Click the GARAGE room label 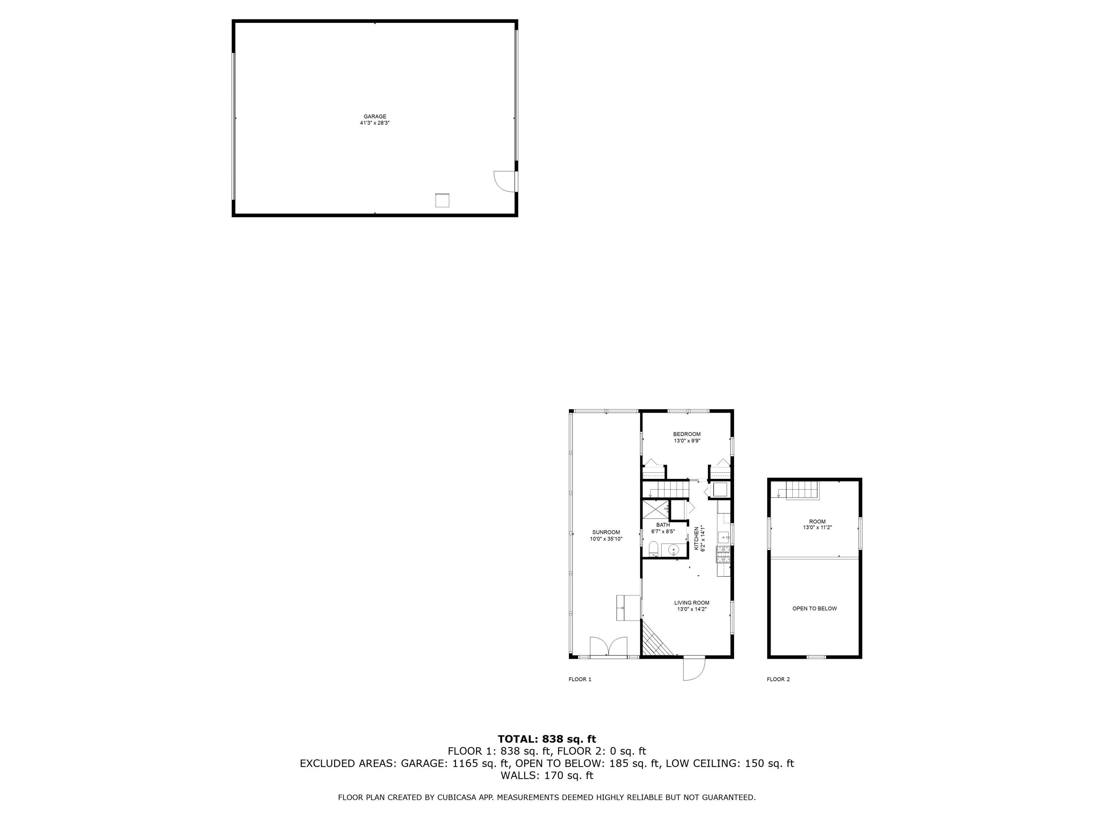point(375,117)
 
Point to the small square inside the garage point(442,200)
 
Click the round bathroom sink point(673,549)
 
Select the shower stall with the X point(655,509)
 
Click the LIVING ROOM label point(691,603)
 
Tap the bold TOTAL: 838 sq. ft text point(547,739)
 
